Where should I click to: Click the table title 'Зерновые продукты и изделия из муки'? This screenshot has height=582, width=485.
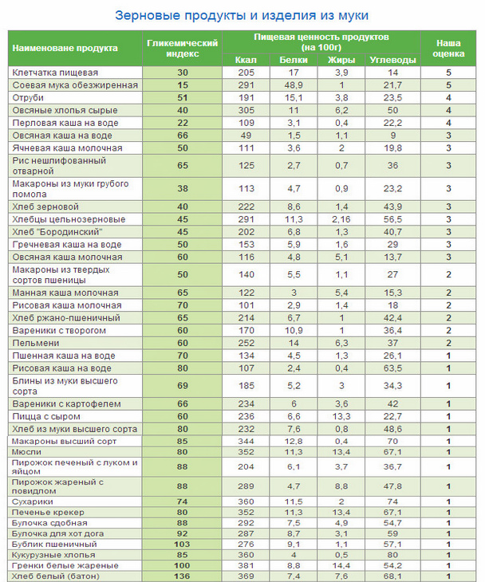click(242, 16)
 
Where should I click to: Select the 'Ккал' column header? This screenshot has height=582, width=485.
click(246, 60)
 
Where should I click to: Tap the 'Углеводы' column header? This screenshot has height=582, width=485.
click(392, 60)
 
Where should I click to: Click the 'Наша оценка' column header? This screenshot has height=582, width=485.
click(449, 48)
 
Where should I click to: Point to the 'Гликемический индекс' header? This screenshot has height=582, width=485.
click(182, 48)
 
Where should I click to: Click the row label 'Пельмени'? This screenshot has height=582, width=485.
click(34, 343)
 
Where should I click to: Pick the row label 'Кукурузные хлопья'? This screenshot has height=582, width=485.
click(53, 554)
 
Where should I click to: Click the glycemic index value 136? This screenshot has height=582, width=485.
click(182, 576)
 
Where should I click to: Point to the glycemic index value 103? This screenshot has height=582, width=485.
click(182, 544)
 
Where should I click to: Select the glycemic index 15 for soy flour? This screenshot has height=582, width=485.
click(182, 84)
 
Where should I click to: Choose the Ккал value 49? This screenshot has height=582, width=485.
click(246, 136)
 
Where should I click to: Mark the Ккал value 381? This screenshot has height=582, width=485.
click(246, 565)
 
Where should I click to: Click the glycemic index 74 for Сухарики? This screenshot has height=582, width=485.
click(182, 501)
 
